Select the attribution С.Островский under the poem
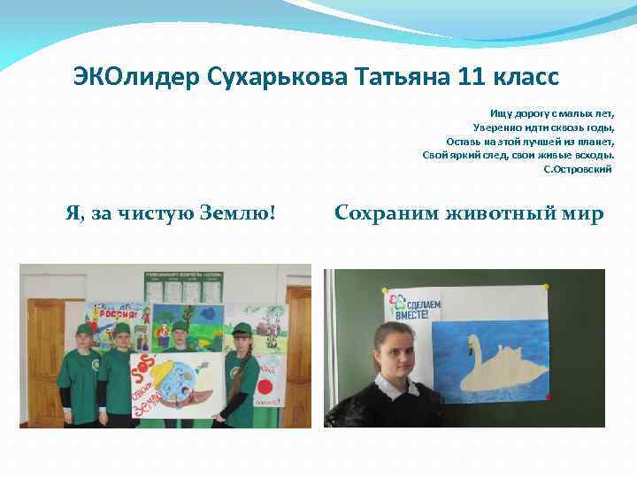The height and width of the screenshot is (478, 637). pyautogui.click(x=578, y=167)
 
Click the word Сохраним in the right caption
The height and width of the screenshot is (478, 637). pyautogui.click(x=388, y=213)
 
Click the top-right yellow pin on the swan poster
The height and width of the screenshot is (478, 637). pyautogui.click(x=546, y=287)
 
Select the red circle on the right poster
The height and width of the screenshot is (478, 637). pyautogui.click(x=265, y=387)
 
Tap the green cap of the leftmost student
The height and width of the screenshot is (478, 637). pyautogui.click(x=85, y=329)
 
